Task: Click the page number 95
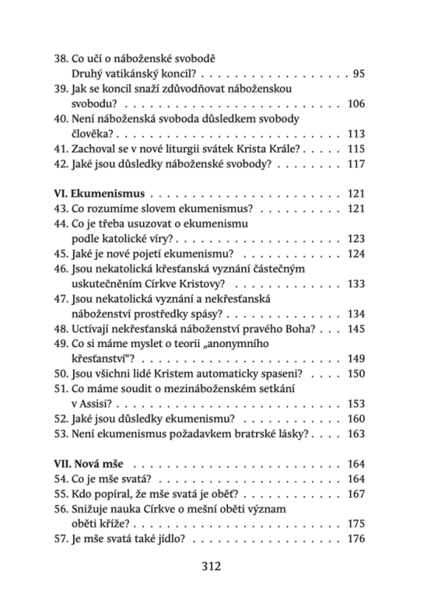click(x=359, y=74)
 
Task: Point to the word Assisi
click(x=97, y=405)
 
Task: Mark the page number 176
click(x=356, y=539)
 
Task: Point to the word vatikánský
click(x=139, y=74)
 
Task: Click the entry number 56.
click(x=63, y=510)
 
